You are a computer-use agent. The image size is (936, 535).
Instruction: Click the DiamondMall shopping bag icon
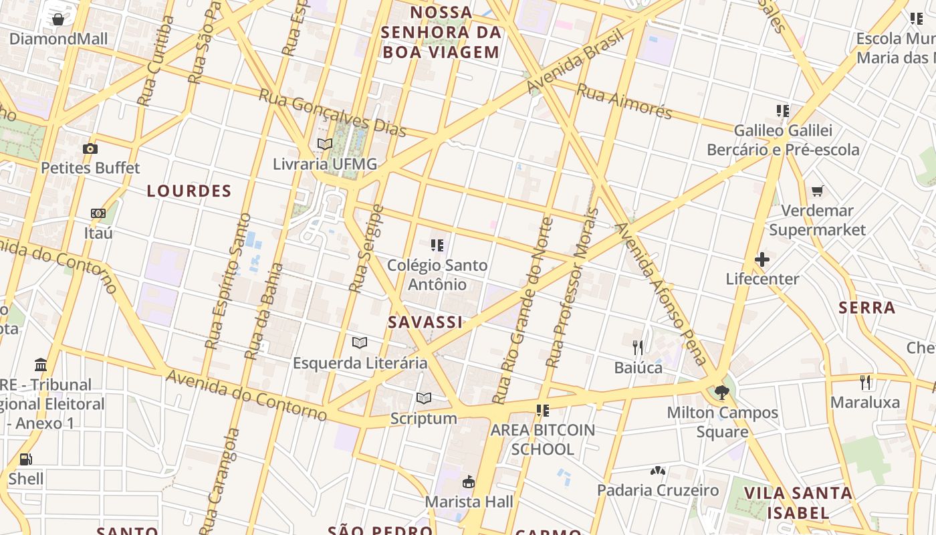(58, 19)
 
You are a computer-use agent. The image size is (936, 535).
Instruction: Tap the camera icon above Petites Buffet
(90, 148)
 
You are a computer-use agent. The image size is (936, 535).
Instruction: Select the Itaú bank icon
(98, 213)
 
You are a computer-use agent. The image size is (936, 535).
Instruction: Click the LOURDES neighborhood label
(189, 191)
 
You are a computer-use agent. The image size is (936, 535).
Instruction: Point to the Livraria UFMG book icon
(325, 144)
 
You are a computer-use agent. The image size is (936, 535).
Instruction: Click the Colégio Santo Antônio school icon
(437, 245)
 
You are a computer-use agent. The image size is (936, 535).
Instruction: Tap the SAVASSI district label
(425, 322)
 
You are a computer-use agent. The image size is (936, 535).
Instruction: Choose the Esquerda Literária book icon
(360, 343)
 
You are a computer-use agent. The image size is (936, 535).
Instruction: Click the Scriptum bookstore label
(424, 419)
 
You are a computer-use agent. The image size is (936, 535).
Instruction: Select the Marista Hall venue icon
(469, 481)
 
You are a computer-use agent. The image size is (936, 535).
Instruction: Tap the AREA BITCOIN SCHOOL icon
(542, 410)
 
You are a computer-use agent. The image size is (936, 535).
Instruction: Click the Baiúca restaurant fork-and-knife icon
(638, 347)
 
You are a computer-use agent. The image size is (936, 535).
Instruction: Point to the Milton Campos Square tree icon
(721, 393)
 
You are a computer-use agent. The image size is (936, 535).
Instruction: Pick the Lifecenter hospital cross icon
(762, 259)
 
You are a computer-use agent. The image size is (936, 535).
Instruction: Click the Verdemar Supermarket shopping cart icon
(817, 191)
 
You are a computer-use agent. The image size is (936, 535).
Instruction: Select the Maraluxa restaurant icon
(866, 383)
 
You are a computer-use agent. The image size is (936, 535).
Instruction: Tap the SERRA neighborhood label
(866, 308)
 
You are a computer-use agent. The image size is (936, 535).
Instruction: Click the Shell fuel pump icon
(26, 459)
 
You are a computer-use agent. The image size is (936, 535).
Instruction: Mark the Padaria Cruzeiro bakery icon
(658, 471)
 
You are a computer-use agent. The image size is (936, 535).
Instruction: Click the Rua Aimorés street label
(624, 102)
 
